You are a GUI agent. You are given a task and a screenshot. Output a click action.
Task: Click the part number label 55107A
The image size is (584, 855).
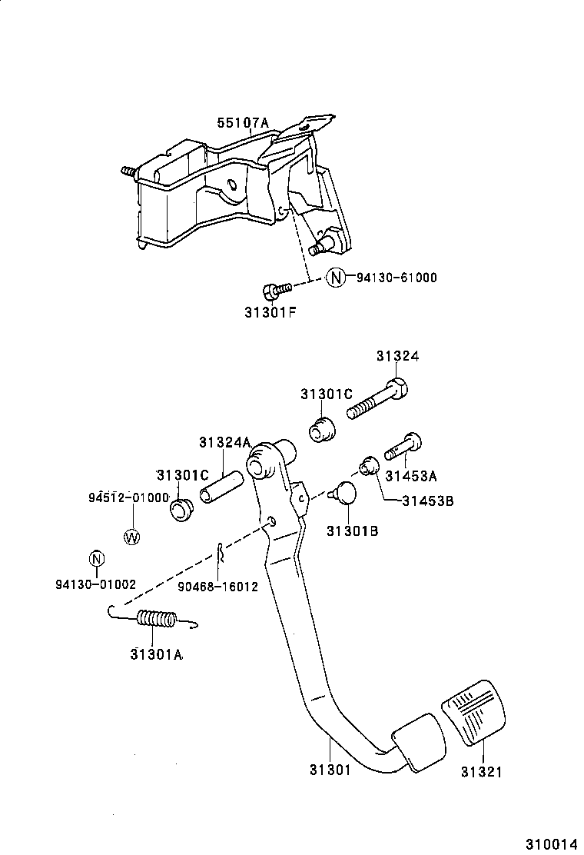point(242,122)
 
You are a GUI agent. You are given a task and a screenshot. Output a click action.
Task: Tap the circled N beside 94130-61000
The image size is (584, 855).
point(336,278)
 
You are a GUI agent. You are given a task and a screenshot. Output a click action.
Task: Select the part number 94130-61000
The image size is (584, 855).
point(396,278)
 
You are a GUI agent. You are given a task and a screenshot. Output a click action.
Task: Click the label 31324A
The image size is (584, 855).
point(224,442)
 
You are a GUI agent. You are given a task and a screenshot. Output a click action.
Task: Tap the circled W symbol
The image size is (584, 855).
point(132,537)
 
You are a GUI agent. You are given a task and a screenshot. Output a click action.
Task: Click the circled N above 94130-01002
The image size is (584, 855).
point(96,560)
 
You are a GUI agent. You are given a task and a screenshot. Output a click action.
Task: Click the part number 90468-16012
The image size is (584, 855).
point(217,585)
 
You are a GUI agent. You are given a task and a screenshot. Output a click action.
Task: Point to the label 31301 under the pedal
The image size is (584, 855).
point(330,769)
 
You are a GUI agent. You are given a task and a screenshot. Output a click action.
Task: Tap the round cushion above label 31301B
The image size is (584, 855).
point(343,494)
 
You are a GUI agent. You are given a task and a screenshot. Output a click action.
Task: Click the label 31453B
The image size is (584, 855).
point(427,501)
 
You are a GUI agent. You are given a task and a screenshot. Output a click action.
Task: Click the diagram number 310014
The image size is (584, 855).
point(550,843)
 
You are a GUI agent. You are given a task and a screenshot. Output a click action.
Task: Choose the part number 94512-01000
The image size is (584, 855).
point(128,497)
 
